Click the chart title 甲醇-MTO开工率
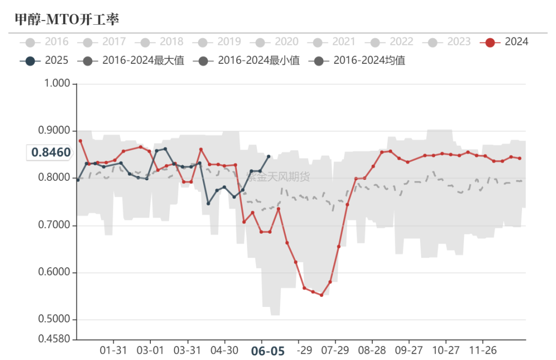point(67,20)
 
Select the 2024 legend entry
point(505,42)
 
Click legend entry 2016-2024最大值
point(131,61)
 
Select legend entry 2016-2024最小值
point(247,61)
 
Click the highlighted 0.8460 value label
point(50,152)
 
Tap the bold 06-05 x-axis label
point(267,351)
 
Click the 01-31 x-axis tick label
point(113,350)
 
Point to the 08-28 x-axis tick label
point(372,350)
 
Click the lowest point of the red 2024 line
point(321,295)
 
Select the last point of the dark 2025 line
point(269,156)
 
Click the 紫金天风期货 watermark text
point(278,177)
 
